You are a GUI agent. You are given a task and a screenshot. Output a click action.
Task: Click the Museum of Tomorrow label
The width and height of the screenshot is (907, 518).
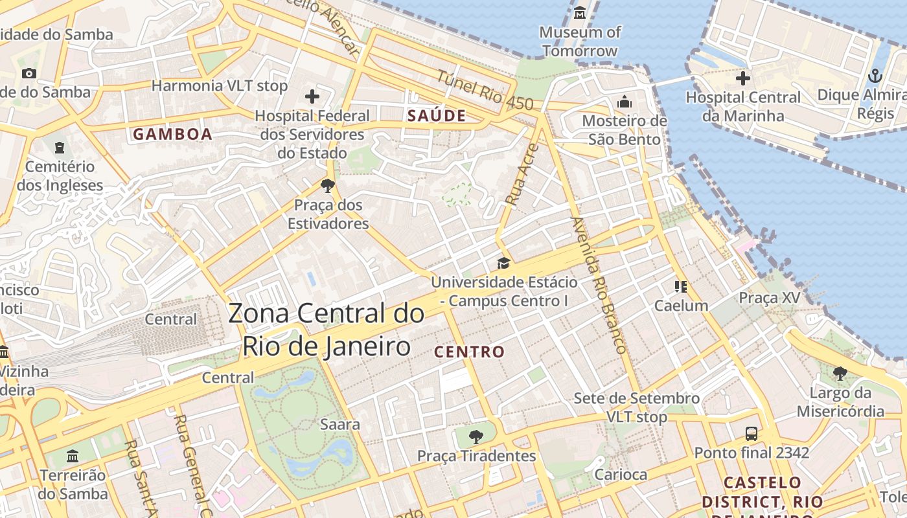point(580,41)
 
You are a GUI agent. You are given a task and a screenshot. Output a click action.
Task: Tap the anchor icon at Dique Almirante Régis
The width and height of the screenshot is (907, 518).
point(875,76)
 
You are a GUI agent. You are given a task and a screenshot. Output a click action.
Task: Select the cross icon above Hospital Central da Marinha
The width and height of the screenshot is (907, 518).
point(743,79)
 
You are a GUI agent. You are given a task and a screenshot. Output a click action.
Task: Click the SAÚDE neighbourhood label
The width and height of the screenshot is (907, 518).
point(437,116)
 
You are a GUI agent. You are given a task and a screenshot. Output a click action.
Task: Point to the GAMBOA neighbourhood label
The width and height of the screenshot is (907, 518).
point(172,134)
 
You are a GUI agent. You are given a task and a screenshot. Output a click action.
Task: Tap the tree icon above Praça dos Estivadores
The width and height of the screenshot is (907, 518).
point(328,186)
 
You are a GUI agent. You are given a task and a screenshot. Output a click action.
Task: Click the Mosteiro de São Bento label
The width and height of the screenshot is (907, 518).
point(625,130)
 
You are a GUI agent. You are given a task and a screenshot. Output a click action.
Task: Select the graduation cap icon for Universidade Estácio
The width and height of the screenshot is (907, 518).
point(503,263)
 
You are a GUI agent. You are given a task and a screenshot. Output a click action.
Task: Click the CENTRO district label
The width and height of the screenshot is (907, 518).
point(469,352)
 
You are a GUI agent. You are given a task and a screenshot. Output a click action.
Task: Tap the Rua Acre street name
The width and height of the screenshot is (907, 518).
point(522,175)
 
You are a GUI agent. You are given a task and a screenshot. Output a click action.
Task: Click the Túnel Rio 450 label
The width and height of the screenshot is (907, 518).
point(485,90)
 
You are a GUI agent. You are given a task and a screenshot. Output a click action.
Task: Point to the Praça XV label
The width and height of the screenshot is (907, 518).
point(770,298)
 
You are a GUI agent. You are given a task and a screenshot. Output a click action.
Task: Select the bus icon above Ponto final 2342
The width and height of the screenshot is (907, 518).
point(752,433)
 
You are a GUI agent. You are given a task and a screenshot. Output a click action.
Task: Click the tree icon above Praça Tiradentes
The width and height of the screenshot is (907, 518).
point(476,437)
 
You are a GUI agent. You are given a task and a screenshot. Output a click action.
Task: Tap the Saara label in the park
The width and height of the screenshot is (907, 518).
point(340,425)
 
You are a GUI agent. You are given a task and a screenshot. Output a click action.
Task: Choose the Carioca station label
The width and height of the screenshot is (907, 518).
point(621,475)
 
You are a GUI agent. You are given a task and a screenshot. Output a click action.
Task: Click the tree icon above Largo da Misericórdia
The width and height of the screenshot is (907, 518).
point(840,374)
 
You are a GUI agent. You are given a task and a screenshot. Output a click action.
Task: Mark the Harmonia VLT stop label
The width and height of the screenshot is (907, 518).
point(219,85)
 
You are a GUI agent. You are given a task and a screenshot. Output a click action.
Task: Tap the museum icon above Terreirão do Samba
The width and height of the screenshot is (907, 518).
point(73,456)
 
